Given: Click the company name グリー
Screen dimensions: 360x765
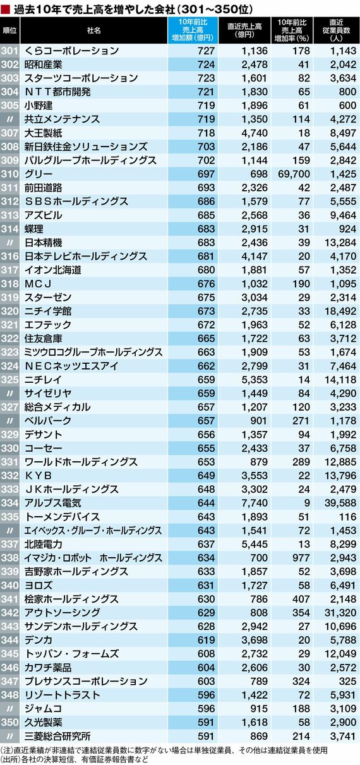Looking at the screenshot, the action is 39,174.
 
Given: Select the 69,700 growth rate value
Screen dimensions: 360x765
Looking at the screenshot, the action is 294,174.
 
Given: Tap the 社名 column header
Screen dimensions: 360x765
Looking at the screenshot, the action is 93,30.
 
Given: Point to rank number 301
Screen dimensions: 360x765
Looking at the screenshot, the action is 9,51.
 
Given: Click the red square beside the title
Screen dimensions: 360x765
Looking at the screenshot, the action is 5,9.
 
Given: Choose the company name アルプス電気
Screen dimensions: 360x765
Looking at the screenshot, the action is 52,503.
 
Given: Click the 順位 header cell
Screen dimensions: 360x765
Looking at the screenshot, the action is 9,30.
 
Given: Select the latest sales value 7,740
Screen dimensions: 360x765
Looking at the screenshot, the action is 255,503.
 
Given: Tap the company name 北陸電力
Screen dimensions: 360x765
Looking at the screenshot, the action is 43,544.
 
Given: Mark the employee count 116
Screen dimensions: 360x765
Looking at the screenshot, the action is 348,517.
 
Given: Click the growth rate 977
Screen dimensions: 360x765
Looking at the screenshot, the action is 301,558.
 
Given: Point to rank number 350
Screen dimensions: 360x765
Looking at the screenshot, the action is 9,722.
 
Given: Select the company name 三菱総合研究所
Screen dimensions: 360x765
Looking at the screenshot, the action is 57,736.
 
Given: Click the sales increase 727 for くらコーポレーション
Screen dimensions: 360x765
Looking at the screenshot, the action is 206,51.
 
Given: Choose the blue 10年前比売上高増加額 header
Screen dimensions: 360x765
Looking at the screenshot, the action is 193,30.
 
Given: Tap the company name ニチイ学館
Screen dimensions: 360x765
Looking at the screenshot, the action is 48,311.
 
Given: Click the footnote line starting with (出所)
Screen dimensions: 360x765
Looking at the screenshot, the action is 75,759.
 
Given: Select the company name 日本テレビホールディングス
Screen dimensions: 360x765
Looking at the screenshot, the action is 85,256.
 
